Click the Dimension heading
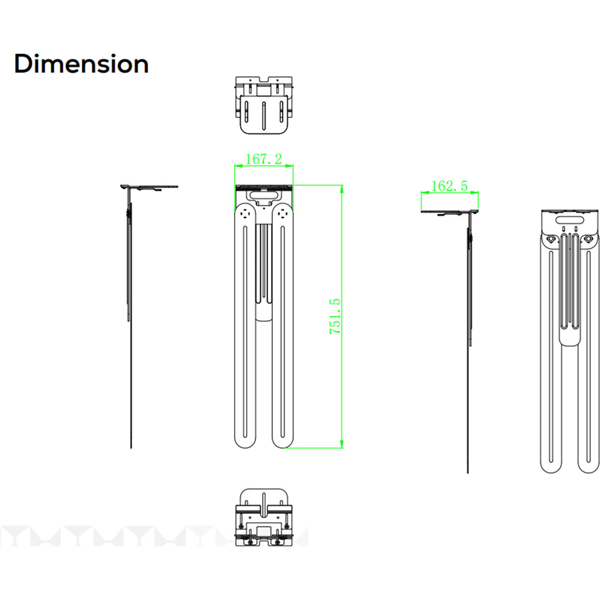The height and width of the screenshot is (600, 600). click(x=81, y=63)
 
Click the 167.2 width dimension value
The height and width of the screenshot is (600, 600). click(x=263, y=159)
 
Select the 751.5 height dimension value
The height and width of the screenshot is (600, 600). click(x=335, y=316)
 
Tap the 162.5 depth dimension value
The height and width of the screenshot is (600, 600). click(x=449, y=186)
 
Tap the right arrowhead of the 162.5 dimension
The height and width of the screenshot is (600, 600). click(x=474, y=193)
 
